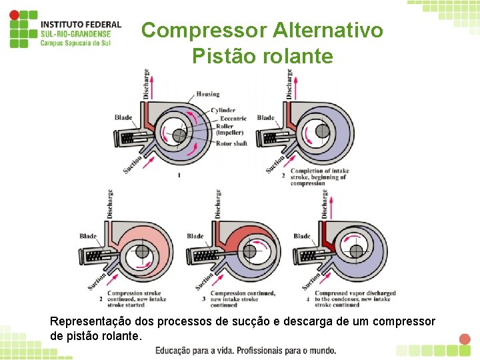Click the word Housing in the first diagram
tap(207, 95)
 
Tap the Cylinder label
tap(223, 110)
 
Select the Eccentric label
tap(231, 118)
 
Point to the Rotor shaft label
tap(231, 143)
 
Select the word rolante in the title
tap(296, 57)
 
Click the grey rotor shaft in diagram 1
tap(179, 135)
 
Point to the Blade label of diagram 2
tap(265, 118)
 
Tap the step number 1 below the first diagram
tap(179, 175)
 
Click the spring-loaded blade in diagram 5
tap(315, 254)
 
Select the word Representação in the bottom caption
tap(89, 322)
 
